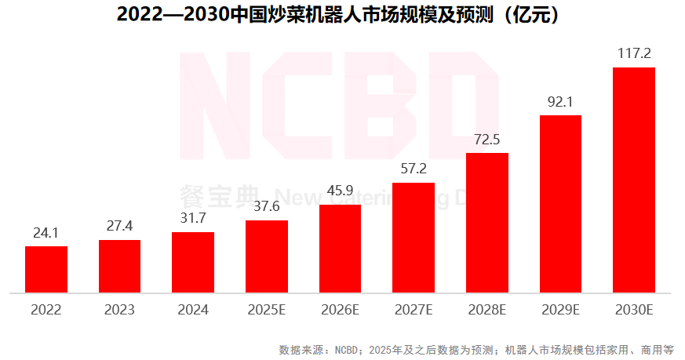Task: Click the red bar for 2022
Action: tap(46, 269)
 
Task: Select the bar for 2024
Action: tap(193, 262)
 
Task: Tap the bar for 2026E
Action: tap(340, 249)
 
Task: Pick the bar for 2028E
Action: tap(487, 223)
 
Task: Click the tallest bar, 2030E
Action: tap(634, 180)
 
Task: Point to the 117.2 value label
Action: tap(634, 54)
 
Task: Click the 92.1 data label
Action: tap(560, 102)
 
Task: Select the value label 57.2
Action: tap(414, 169)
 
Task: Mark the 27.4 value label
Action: tap(120, 226)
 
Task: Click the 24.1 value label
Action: tap(46, 233)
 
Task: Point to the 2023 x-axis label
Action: tap(120, 310)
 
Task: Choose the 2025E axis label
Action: tap(267, 310)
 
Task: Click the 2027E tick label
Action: tap(414, 310)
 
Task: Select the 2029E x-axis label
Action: tap(560, 310)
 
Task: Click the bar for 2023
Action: tap(120, 266)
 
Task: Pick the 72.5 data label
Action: tap(487, 140)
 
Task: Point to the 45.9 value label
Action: tap(340, 191)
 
